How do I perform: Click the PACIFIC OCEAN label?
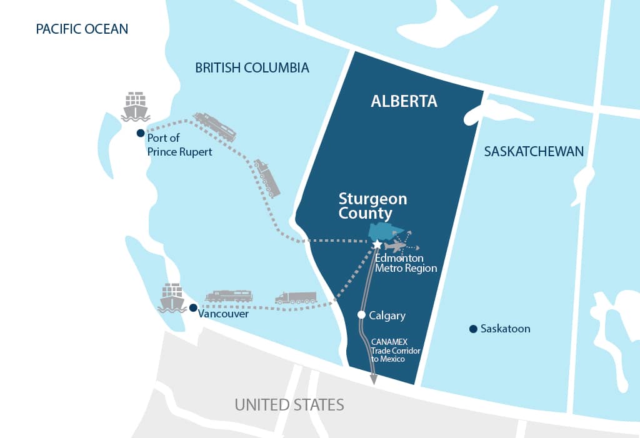click(x=82, y=29)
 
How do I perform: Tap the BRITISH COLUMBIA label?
click(x=252, y=67)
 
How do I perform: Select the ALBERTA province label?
click(x=404, y=101)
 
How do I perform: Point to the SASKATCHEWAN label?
click(x=534, y=151)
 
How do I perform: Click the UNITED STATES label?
click(x=289, y=404)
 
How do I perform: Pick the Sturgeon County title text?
click(x=372, y=206)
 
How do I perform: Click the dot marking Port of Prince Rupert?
click(x=141, y=133)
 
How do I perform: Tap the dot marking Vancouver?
click(x=193, y=307)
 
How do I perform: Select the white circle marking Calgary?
click(x=361, y=315)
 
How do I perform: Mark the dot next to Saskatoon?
click(x=473, y=329)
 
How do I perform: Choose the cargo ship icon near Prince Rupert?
click(x=135, y=106)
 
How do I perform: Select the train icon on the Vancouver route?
click(x=228, y=296)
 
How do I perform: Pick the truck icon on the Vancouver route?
click(x=296, y=297)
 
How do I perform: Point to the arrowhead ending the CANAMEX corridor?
click(x=374, y=379)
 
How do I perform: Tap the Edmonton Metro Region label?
click(x=406, y=263)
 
